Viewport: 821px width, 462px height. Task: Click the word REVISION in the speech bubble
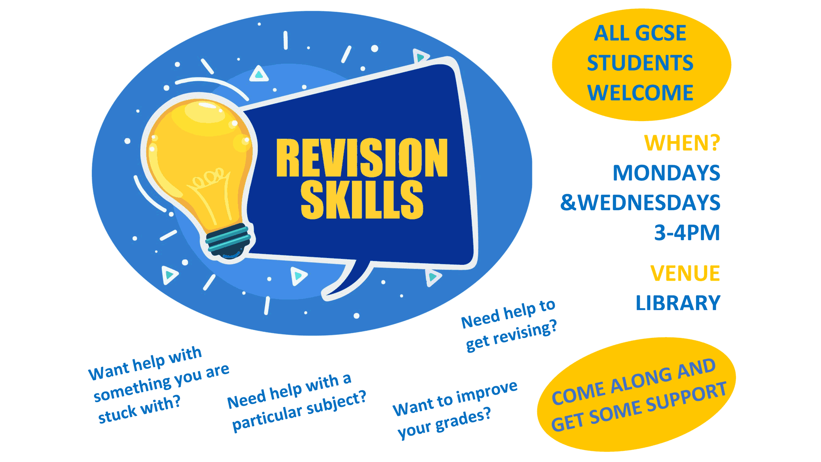pyautogui.click(x=362, y=157)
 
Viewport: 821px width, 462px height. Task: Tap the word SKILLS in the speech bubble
pyautogui.click(x=362, y=199)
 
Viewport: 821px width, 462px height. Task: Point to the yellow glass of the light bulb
pyautogui.click(x=199, y=158)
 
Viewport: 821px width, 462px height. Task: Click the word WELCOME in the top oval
pyautogui.click(x=640, y=93)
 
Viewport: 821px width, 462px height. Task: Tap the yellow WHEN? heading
pyautogui.click(x=682, y=143)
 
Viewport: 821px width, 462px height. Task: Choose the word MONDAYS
pyautogui.click(x=666, y=173)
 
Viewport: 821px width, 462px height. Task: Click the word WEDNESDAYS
pyautogui.click(x=649, y=203)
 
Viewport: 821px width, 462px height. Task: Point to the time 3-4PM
pyautogui.click(x=687, y=233)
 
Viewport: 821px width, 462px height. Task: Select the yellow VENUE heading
pyautogui.click(x=685, y=273)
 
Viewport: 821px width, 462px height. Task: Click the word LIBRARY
pyautogui.click(x=678, y=303)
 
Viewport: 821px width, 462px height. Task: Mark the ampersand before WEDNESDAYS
pyautogui.click(x=568, y=203)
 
